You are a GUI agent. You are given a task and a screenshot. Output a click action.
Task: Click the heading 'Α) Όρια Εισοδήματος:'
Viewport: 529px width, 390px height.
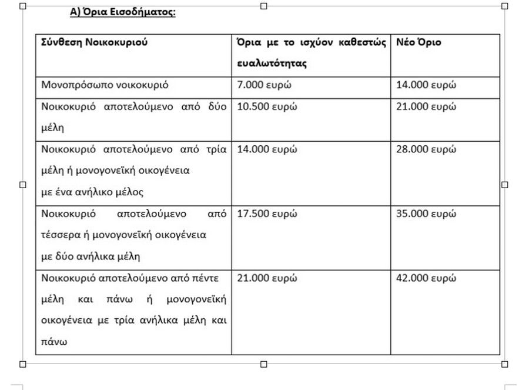point(122,12)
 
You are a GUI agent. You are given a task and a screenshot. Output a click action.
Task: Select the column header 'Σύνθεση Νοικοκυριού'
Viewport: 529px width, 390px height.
point(94,42)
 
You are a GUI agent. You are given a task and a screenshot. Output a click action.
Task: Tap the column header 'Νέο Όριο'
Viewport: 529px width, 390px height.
point(418,42)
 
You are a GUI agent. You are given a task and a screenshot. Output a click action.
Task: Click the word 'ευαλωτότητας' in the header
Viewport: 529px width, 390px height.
point(272,64)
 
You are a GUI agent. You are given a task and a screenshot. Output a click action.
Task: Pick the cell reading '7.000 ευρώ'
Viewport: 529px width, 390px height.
point(264,85)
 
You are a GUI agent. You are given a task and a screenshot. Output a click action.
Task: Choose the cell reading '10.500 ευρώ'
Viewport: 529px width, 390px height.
point(267,106)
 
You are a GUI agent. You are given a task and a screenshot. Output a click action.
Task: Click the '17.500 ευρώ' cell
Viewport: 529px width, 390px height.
point(267,214)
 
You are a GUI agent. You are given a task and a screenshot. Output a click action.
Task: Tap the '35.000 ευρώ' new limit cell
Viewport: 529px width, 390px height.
point(426,214)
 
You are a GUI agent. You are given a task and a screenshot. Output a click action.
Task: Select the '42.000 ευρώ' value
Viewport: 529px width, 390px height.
point(426,278)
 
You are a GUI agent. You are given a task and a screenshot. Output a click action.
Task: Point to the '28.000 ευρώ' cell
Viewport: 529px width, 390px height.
point(426,149)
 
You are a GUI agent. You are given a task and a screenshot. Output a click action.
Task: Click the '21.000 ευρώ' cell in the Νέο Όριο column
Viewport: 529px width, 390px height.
point(426,106)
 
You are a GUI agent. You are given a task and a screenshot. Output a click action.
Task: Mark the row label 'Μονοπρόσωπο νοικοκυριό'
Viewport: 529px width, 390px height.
point(105,85)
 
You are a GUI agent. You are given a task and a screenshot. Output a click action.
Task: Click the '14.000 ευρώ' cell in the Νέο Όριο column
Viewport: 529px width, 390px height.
point(426,85)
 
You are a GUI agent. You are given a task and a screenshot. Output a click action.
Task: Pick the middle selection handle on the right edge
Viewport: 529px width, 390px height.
point(504,185)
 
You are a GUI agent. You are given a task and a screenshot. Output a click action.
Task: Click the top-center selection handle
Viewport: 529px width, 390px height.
point(263,6)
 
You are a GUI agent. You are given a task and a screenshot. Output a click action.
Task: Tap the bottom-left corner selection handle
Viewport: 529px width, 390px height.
point(23,364)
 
